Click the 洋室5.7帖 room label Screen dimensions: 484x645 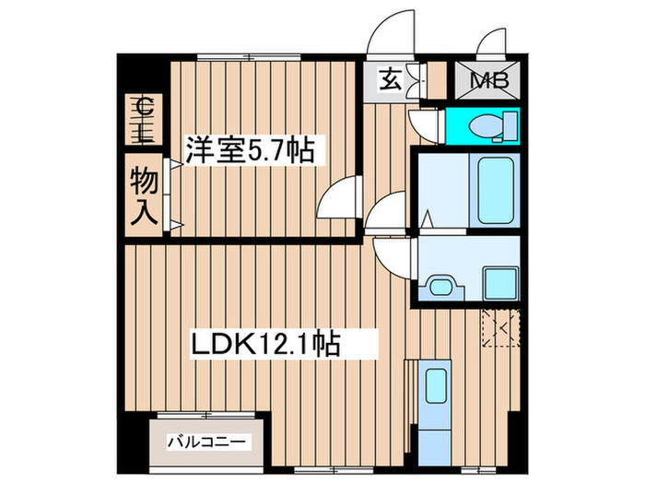point(248,149)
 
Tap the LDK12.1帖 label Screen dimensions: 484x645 point(268,346)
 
